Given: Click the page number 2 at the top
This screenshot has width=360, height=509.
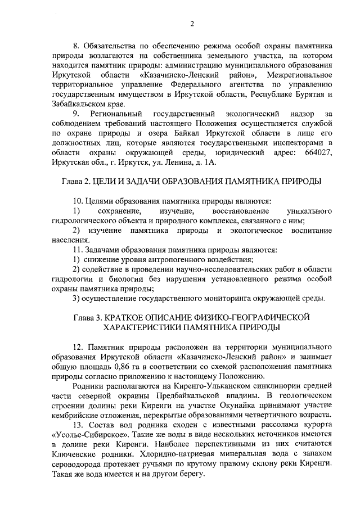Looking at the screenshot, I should click(x=192, y=23).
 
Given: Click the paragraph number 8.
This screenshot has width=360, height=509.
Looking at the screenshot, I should click(x=78, y=45).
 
